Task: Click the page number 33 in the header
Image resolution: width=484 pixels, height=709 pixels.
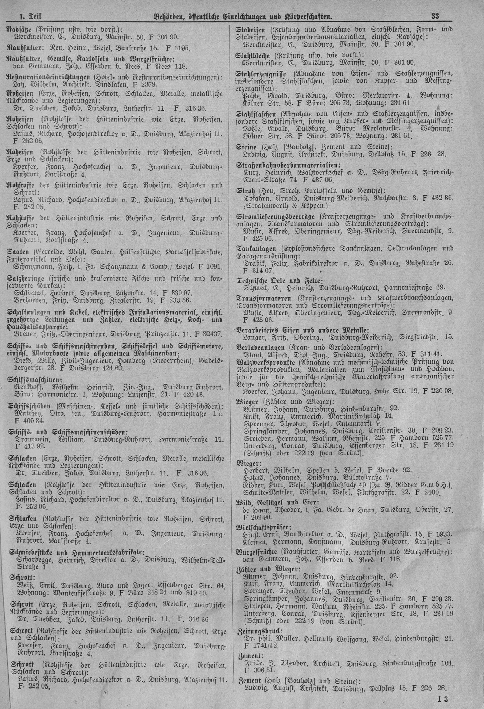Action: pos(435,16)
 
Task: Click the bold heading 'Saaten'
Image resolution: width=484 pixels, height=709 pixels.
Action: pos(18,252)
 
